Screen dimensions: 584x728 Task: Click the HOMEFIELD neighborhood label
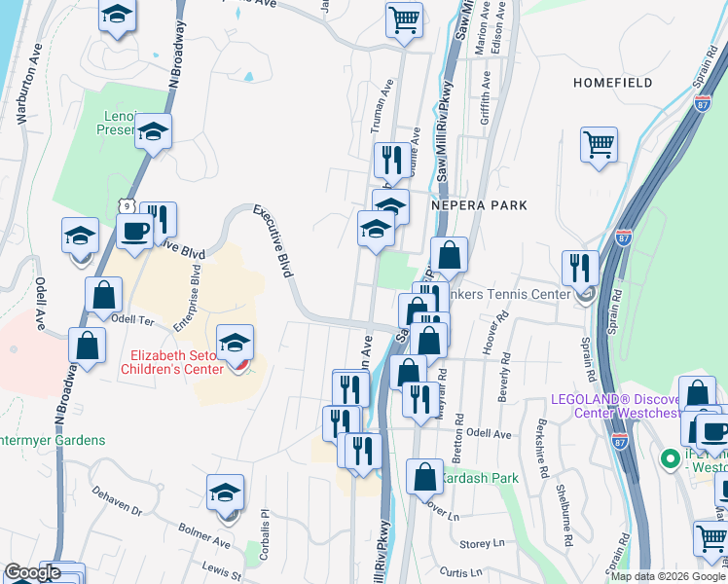pyautogui.click(x=612, y=83)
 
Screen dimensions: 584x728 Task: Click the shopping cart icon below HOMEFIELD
pyautogui.click(x=599, y=145)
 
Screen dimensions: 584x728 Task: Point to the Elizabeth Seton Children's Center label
pyautogui.click(x=172, y=362)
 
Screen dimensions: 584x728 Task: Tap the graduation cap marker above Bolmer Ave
pyautogui.click(x=225, y=492)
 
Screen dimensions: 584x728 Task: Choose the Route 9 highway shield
pyautogui.click(x=126, y=205)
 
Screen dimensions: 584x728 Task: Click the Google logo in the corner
pyautogui.click(x=31, y=572)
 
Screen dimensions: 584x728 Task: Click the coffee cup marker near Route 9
pyautogui.click(x=134, y=232)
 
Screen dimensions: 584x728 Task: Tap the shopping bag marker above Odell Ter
pyautogui.click(x=103, y=294)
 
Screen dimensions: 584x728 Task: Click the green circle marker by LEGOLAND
pyautogui.click(x=670, y=457)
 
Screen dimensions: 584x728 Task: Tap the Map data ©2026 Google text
pyautogui.click(x=667, y=575)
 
